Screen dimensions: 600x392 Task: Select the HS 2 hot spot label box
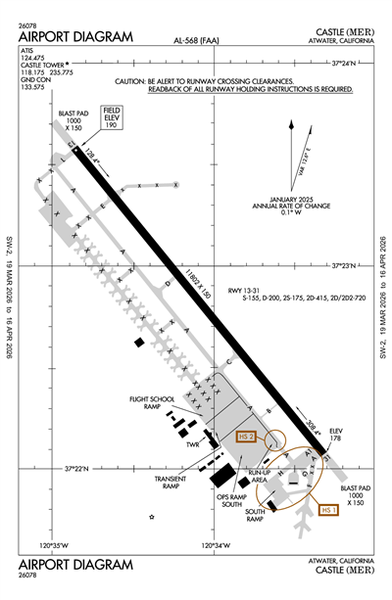pos(246,437)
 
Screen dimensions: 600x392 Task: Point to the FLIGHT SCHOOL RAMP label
pos(150,403)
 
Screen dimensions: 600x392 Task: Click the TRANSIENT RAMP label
pos(171,482)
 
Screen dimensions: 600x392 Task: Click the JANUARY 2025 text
pos(296,199)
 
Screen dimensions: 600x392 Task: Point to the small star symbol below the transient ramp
pos(152,516)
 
